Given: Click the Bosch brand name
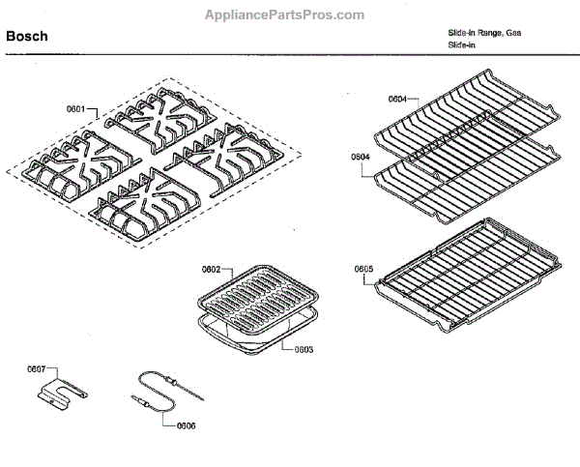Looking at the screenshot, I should pyautogui.click(x=27, y=37).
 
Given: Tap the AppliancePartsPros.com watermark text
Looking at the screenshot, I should pyautogui.click(x=284, y=15).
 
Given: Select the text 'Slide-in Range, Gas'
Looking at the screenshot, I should pyautogui.click(x=483, y=33).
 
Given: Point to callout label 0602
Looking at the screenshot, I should pyautogui.click(x=212, y=268).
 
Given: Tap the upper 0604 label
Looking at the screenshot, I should pyautogui.click(x=397, y=99).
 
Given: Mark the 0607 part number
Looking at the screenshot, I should pyautogui.click(x=36, y=368).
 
